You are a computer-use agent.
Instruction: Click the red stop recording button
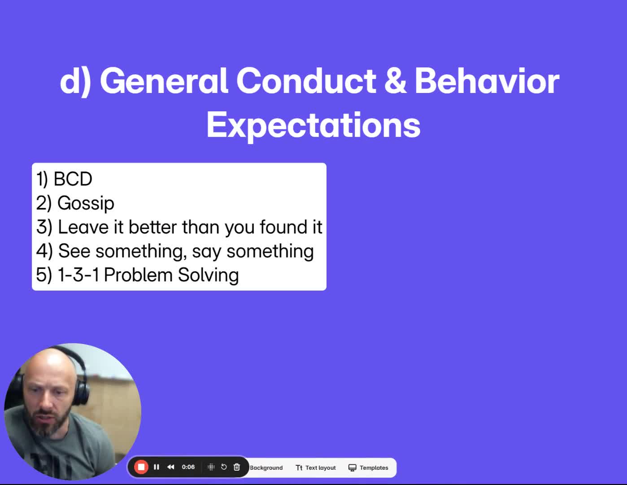point(141,467)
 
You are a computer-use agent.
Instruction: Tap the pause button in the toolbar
point(157,467)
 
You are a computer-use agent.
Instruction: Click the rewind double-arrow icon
point(171,467)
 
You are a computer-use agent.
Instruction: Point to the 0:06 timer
point(188,467)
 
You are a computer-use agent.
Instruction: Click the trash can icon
point(237,467)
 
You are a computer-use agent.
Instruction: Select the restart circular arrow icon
point(224,467)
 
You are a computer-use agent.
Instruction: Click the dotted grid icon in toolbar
point(211,467)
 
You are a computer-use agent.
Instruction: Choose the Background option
point(266,467)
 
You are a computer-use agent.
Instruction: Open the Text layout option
point(316,467)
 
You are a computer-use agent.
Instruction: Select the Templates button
point(369,467)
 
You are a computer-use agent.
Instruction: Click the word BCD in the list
point(73,179)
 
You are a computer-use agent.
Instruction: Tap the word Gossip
point(86,203)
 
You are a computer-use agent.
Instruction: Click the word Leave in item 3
point(83,227)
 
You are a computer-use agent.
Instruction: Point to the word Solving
point(208,275)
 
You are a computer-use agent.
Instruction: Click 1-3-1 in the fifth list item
point(78,275)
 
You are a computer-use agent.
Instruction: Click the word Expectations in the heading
point(313,126)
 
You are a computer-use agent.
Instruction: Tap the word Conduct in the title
point(306,80)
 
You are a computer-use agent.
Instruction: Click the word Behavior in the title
point(487,80)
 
